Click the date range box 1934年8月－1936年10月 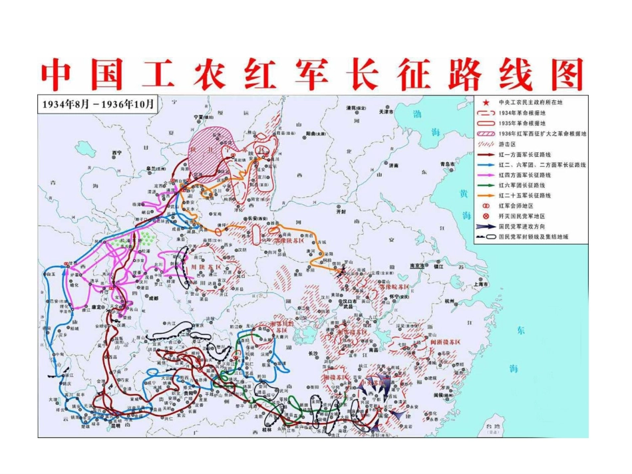point(98,104)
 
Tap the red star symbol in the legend point(486,102)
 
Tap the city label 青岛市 point(447,164)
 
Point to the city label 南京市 point(418,265)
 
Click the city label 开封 point(342,211)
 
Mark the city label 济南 point(394,166)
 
